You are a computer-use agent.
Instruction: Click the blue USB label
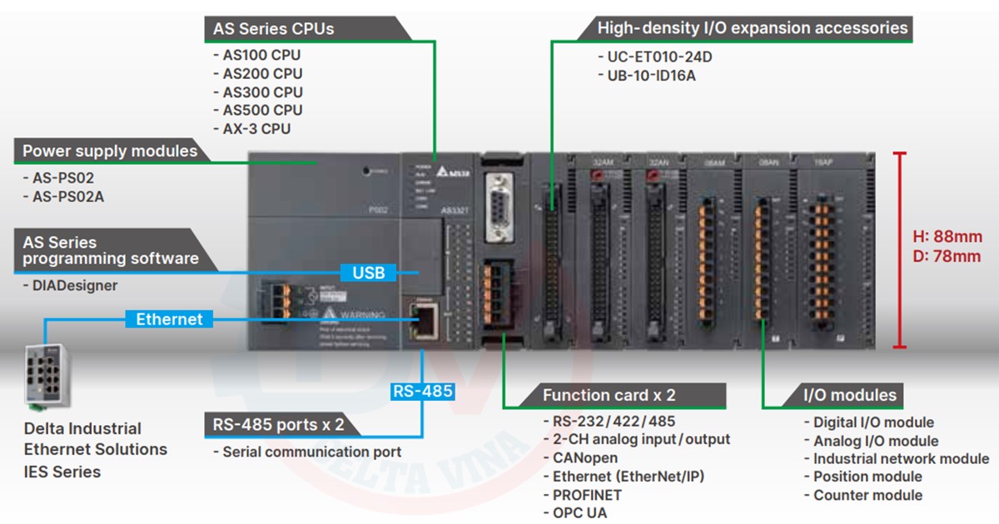tap(368, 272)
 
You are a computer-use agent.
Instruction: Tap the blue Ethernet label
tap(169, 319)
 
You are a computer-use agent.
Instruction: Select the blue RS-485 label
tap(422, 390)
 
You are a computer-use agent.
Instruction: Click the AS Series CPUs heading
tap(274, 29)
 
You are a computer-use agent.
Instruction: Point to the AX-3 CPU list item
tap(257, 128)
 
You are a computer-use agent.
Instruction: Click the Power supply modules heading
tap(110, 151)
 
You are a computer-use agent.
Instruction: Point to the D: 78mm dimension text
tap(947, 256)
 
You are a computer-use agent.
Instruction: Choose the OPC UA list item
tap(580, 512)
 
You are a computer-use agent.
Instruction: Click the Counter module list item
tap(868, 495)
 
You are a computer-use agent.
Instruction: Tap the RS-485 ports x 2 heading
tap(279, 424)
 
